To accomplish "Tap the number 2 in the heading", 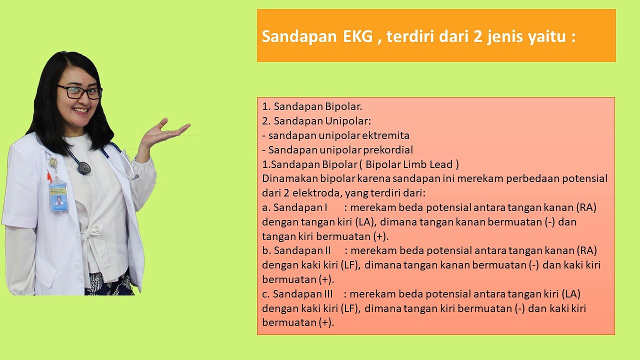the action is [x=478, y=36].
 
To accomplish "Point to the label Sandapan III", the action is [x=303, y=294].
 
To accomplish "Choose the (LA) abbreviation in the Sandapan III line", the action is [x=571, y=294].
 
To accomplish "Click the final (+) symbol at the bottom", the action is [x=325, y=323].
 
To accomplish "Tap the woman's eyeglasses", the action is [x=79, y=92].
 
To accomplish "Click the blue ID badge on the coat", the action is [x=58, y=196].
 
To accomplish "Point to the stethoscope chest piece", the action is [x=84, y=168].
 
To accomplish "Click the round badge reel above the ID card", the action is [x=53, y=162].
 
